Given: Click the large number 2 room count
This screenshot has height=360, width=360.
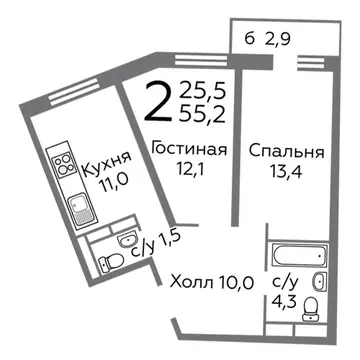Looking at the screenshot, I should [155, 101].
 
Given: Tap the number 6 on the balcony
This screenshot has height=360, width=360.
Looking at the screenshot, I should [247, 40].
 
